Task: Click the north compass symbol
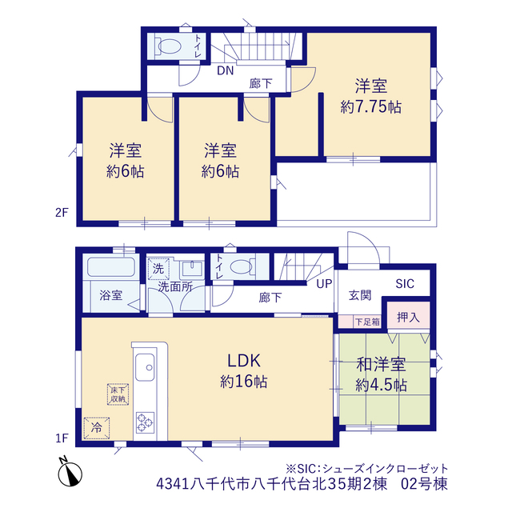(x=70, y=472)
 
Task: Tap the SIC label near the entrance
(x=405, y=284)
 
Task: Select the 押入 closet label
(x=408, y=317)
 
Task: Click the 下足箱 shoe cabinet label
(x=367, y=322)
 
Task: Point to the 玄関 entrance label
(x=360, y=295)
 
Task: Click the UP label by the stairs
(x=324, y=284)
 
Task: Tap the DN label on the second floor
(x=226, y=70)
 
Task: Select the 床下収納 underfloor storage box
(x=118, y=394)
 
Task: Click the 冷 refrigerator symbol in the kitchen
(x=97, y=428)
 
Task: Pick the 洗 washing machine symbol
(x=158, y=269)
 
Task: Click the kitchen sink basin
(x=145, y=367)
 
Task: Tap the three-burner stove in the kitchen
(x=145, y=422)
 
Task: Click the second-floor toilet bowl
(x=169, y=46)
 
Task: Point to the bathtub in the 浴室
(x=111, y=267)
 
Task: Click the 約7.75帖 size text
(x=371, y=106)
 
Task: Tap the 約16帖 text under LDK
(x=244, y=382)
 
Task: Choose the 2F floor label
(x=62, y=213)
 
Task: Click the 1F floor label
(x=62, y=438)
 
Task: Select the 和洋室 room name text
(x=381, y=365)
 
